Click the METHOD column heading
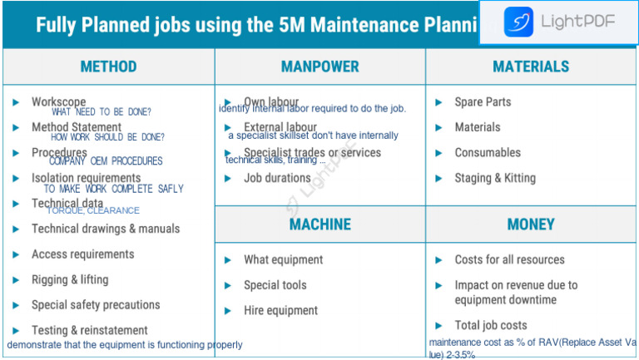pyautogui.click(x=108, y=67)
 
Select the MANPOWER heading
pyautogui.click(x=319, y=67)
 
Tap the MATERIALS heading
pyautogui.click(x=531, y=67)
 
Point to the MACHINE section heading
pyautogui.click(x=319, y=224)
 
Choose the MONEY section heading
pyautogui.click(x=531, y=224)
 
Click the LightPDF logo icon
pyautogui.click(x=518, y=21)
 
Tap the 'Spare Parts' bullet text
pyautogui.click(x=483, y=102)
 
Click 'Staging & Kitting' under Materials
pyautogui.click(x=495, y=178)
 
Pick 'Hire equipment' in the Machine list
pyautogui.click(x=280, y=311)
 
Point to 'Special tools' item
pyautogui.click(x=275, y=285)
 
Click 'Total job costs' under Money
pyautogui.click(x=491, y=325)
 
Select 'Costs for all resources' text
pyautogui.click(x=509, y=259)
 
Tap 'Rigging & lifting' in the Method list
pyautogui.click(x=70, y=280)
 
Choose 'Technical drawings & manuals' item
pyautogui.click(x=106, y=229)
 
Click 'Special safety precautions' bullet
pyautogui.click(x=96, y=305)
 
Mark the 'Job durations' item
pyautogui.click(x=277, y=178)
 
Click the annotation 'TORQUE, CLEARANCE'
pyautogui.click(x=92, y=211)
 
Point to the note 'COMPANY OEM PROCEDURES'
pyautogui.click(x=106, y=161)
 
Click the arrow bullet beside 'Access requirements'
pyautogui.click(x=16, y=254)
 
